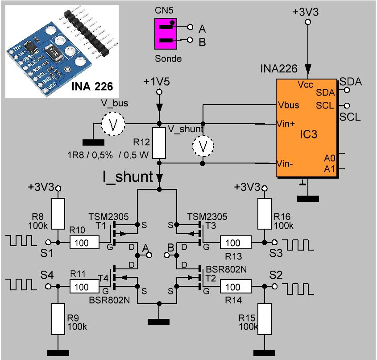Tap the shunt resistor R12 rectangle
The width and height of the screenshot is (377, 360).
click(x=159, y=143)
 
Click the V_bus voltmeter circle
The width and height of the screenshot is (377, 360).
click(x=113, y=124)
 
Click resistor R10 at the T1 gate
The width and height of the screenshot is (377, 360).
click(x=85, y=243)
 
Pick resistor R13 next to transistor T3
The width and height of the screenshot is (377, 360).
click(x=236, y=243)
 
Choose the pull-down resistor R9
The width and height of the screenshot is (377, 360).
click(x=58, y=319)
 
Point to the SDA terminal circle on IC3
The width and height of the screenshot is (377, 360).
click(x=347, y=90)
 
